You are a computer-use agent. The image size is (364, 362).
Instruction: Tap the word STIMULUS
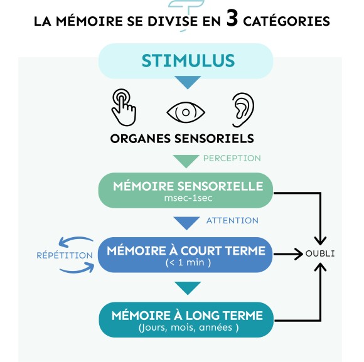tap(188, 61)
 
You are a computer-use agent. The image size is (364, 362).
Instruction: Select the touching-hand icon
tap(124, 107)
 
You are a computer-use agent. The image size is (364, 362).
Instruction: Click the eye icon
tap(186, 112)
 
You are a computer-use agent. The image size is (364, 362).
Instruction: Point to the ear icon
tap(243, 110)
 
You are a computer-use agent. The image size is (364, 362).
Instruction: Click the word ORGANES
tap(141, 139)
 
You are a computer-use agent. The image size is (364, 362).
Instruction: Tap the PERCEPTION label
tap(232, 158)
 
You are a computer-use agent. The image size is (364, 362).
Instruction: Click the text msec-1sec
tap(188, 198)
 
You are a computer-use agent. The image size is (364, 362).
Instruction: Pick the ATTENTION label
tap(232, 220)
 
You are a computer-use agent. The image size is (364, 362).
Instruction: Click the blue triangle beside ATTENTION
tap(186, 223)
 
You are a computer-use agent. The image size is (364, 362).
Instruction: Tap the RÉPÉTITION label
tap(65, 255)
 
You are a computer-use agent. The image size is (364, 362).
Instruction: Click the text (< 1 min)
tap(188, 263)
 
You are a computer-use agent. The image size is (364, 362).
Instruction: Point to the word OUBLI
tap(320, 253)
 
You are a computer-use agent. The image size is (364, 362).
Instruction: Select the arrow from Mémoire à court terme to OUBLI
tap(288, 254)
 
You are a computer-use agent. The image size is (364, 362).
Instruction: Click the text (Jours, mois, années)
tap(188, 327)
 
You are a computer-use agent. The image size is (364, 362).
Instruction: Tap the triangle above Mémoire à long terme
tap(188, 288)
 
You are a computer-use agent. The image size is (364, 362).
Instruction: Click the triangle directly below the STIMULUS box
tap(188, 82)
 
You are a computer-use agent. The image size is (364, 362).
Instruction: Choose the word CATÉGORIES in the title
tap(286, 21)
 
